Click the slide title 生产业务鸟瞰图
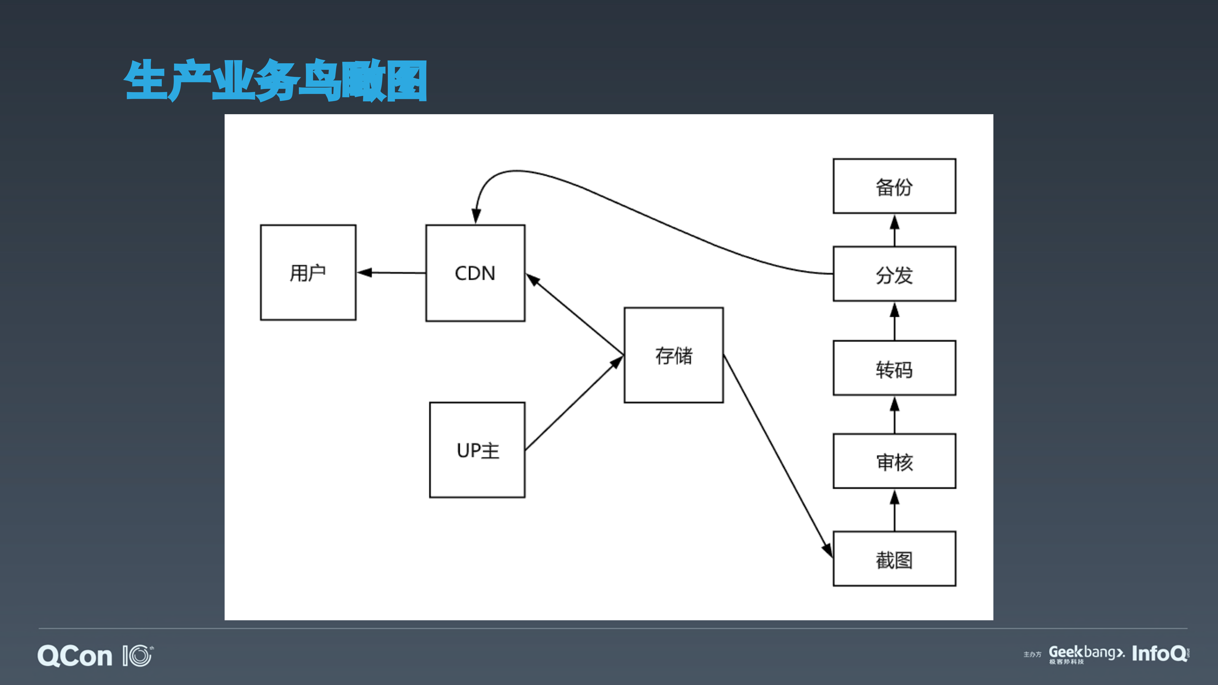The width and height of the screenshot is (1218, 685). pyautogui.click(x=276, y=80)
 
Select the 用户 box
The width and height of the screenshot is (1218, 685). pyautogui.click(x=308, y=273)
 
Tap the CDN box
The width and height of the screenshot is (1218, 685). pyautogui.click(x=475, y=273)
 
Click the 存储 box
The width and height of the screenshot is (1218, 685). pyautogui.click(x=673, y=355)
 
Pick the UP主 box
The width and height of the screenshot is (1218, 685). pyautogui.click(x=477, y=450)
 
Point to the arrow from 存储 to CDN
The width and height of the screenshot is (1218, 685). pyautogui.click(x=574, y=314)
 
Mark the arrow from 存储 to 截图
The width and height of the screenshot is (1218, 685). pyautogui.click(x=778, y=456)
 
